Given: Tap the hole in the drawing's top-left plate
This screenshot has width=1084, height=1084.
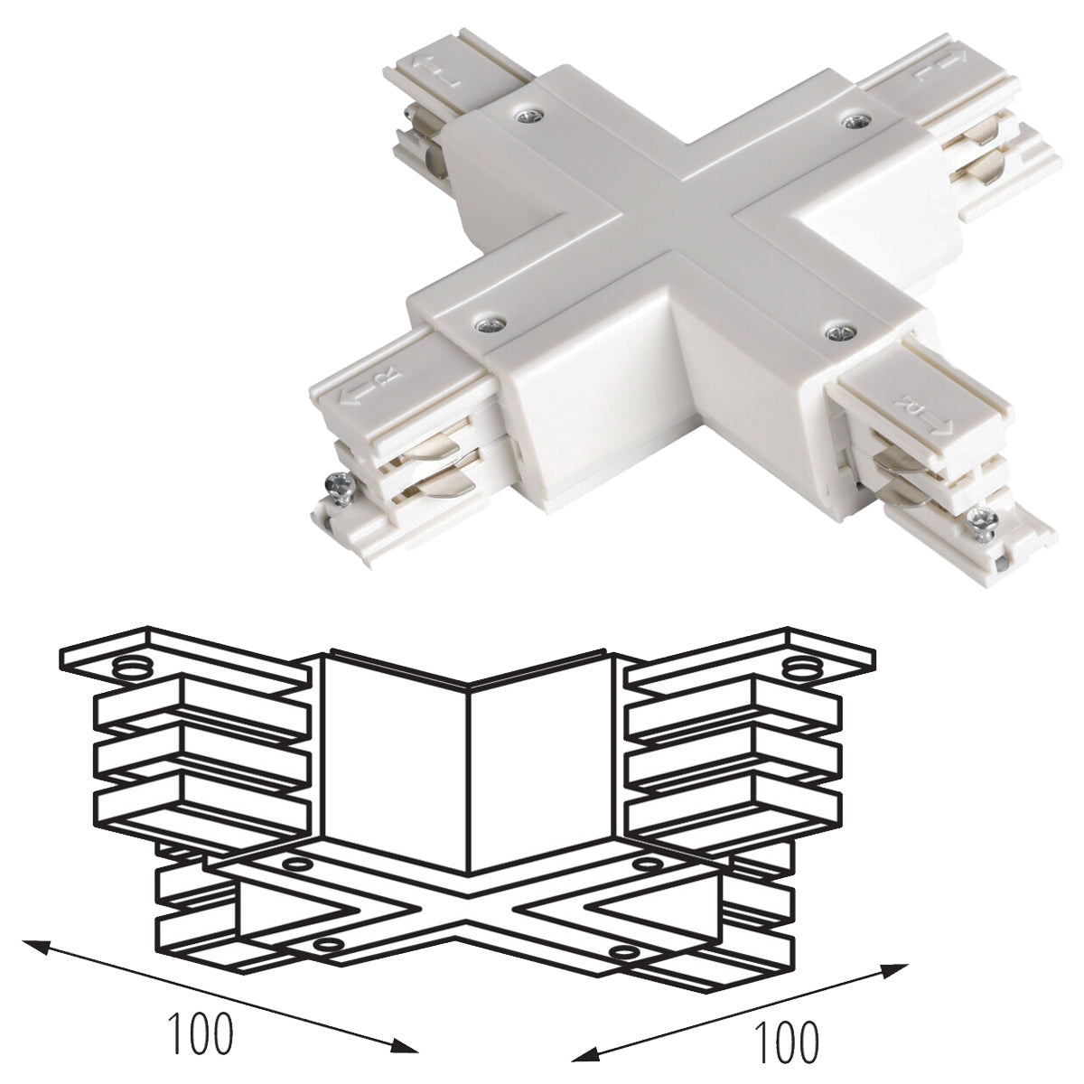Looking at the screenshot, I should point(132,669).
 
